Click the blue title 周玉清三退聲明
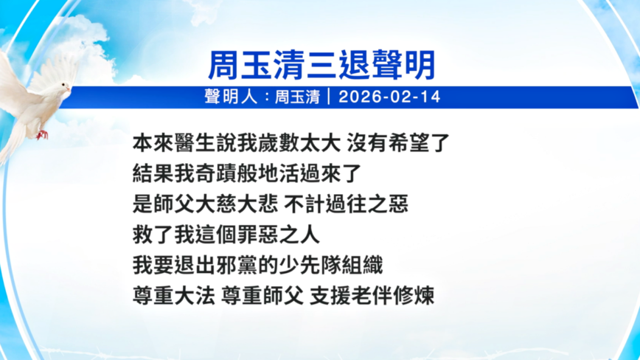(322, 66)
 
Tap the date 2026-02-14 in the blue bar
(389, 97)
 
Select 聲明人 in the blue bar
(231, 97)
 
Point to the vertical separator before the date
(329, 97)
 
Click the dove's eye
(63, 85)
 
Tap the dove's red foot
(42, 134)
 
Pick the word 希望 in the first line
(408, 143)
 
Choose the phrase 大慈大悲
(237, 204)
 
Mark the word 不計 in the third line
(305, 204)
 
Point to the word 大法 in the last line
(195, 296)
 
